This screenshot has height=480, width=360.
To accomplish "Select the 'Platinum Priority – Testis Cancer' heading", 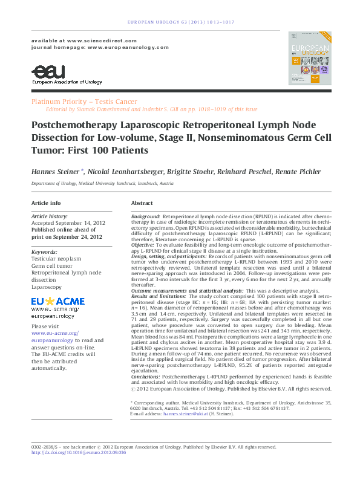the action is point(84,102).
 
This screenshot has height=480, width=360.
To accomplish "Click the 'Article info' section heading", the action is point(46,203).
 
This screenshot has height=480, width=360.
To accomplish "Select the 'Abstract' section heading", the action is point(142,203).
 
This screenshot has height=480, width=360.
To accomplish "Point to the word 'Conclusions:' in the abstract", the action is point(146,376).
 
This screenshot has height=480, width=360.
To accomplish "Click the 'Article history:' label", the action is point(50,216).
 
